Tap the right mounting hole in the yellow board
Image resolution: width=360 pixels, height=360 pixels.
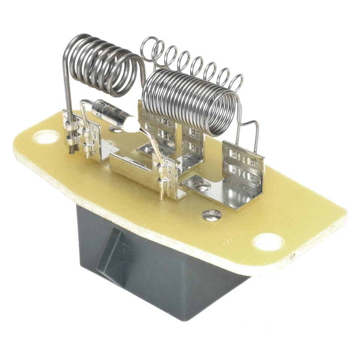(x=267, y=241)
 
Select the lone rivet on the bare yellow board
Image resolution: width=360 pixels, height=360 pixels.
(x=211, y=215)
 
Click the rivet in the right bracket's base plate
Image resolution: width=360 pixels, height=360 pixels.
(x=203, y=187)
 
